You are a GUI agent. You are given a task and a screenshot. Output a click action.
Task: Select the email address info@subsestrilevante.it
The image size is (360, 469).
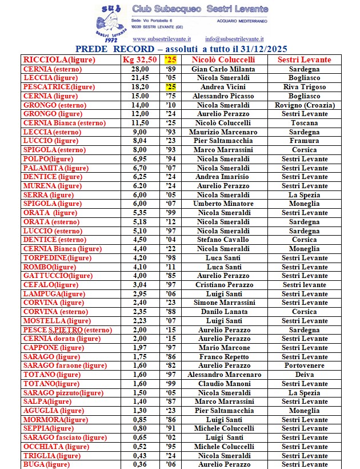239,39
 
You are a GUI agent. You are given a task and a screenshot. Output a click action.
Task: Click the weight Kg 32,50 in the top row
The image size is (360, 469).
139,59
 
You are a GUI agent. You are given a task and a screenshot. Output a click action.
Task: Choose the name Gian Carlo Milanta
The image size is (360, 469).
223,69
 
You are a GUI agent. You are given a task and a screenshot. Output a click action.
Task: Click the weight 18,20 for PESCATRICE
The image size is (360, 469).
139,87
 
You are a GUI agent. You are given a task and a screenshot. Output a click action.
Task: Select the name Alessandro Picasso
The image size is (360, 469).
223,96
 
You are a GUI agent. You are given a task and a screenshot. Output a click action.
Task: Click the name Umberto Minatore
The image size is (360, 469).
223,204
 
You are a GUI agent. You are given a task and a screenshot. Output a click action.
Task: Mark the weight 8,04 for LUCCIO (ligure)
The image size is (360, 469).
139,141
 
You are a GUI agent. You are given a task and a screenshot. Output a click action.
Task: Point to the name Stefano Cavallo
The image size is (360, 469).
223,240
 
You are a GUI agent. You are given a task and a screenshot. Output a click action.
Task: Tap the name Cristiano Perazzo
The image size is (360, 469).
223,285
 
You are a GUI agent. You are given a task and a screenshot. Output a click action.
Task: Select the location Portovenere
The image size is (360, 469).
304,365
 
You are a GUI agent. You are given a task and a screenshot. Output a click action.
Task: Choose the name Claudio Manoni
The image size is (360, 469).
223,384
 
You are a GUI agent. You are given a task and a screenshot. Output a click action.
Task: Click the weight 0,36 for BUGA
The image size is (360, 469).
139,464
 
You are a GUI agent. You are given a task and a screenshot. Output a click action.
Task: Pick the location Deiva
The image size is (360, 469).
304,375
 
